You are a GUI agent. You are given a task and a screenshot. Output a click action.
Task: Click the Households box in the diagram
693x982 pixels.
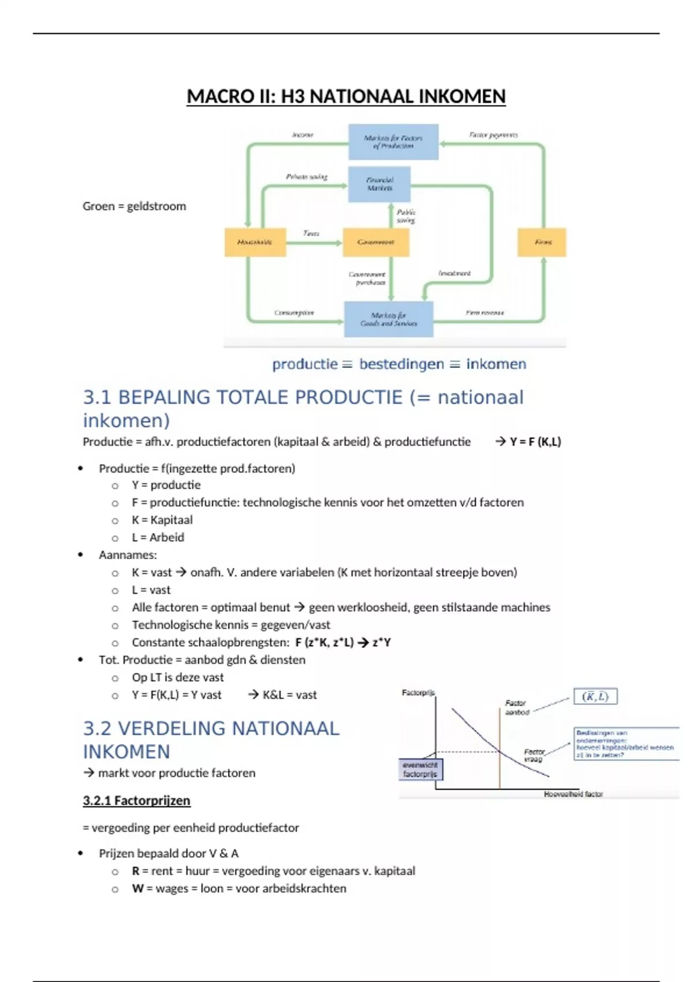[255, 242]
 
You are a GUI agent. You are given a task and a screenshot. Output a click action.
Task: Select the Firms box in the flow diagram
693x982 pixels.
[542, 242]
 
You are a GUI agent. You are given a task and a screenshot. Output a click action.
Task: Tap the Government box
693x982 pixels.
[376, 242]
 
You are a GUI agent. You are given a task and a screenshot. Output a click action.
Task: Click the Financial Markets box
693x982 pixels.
[379, 184]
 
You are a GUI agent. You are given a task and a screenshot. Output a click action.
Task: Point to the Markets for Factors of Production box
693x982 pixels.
[393, 142]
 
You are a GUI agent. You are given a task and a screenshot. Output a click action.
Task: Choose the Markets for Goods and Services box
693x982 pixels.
[389, 319]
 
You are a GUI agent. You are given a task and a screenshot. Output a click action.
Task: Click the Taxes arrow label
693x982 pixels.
[311, 233]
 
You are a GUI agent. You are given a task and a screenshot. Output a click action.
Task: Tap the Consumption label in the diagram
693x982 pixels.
[294, 313]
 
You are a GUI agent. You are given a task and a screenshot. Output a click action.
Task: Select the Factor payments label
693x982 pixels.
[493, 135]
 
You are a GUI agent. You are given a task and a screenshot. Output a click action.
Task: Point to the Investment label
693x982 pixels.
[454, 273]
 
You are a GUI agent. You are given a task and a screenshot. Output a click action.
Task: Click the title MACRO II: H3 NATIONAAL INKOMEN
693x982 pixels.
[346, 96]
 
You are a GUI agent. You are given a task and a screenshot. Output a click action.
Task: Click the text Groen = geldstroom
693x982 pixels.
[135, 206]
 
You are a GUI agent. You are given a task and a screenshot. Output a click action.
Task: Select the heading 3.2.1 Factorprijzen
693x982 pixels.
[136, 801]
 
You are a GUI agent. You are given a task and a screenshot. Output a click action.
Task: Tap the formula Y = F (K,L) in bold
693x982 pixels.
[535, 442]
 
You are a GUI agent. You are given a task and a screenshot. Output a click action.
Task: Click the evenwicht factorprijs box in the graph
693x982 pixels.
[420, 769]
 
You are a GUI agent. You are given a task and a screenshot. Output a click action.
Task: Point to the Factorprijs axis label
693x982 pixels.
[418, 693]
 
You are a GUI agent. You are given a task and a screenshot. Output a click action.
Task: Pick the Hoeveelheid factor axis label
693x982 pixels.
[573, 794]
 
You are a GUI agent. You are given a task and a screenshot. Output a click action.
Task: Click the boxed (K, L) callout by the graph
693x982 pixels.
[595, 697]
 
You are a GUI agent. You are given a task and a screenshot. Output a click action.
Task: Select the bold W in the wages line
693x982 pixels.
[137, 888]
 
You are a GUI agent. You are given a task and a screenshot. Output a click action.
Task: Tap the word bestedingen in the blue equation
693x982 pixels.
[401, 364]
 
